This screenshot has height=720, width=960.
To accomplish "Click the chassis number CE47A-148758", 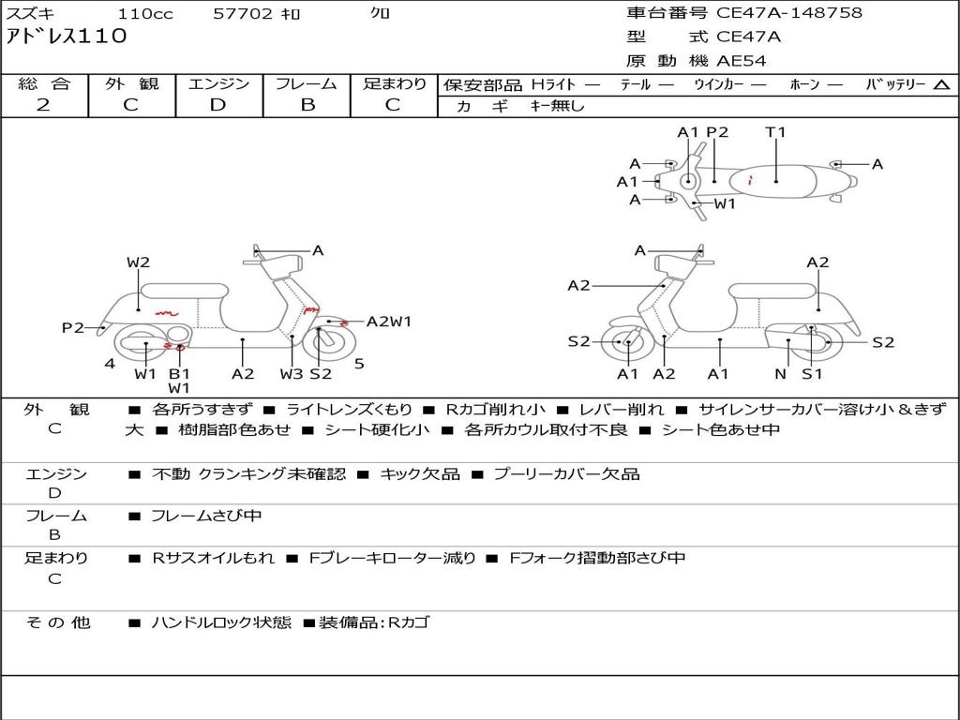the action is [788, 13].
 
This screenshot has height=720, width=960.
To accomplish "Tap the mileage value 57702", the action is [244, 14].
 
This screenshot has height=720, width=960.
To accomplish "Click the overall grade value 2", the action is [43, 105].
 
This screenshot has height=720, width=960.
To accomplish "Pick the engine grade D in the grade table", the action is [218, 105].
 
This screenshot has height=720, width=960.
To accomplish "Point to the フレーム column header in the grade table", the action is [307, 84].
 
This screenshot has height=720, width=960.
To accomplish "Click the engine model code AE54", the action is [742, 61].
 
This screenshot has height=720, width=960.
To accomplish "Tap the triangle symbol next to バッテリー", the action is [941, 85].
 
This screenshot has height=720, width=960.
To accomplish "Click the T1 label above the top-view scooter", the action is [775, 132].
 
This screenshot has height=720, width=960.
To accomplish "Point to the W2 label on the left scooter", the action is [138, 262].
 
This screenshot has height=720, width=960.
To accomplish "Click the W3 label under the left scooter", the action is [292, 374].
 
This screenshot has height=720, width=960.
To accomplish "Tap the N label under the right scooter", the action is [780, 374].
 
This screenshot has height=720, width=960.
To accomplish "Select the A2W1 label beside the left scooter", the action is [389, 322].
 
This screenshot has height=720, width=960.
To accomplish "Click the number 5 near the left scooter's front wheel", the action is [359, 364].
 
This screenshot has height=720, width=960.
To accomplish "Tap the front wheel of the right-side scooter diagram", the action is [625, 343].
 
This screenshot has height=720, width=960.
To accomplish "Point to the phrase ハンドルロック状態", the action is [221, 622].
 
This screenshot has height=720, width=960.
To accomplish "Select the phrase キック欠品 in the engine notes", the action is [419, 474].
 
